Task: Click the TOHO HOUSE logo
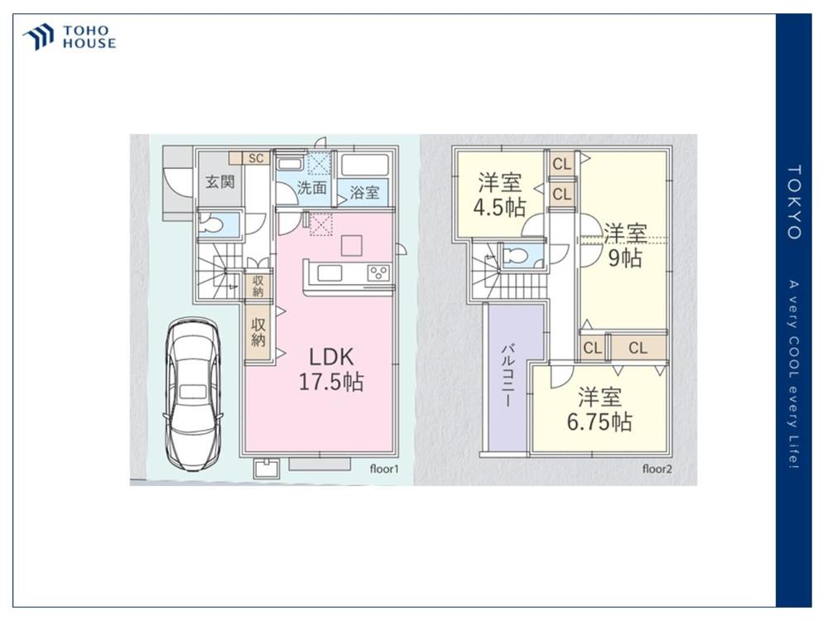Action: click(x=70, y=37)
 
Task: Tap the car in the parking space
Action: click(x=192, y=393)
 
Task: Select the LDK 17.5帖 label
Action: click(x=331, y=369)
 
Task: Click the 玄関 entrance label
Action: click(x=219, y=182)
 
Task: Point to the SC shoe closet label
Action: click(x=256, y=158)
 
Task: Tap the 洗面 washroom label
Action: click(x=311, y=187)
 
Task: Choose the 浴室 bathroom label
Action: click(x=364, y=192)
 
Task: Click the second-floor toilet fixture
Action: click(x=515, y=257)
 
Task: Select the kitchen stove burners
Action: click(x=379, y=273)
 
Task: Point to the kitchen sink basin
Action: click(x=329, y=273)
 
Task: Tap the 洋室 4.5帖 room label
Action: click(x=499, y=195)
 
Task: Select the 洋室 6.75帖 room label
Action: click(x=599, y=409)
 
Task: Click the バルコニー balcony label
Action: click(x=508, y=375)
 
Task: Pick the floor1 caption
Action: click(x=384, y=469)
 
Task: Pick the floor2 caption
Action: click(x=657, y=469)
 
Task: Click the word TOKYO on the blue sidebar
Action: click(x=794, y=202)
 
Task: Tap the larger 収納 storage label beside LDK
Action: click(x=258, y=332)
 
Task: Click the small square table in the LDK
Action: click(x=351, y=246)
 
